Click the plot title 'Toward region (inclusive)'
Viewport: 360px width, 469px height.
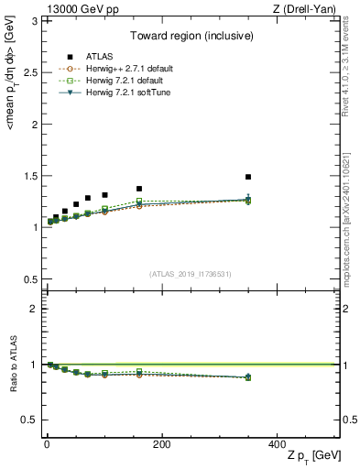point(191,37)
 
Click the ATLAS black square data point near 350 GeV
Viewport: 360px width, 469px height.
point(248,177)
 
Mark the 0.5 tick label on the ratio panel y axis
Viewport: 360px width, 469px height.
point(29,420)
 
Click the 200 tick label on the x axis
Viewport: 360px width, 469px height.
point(162,443)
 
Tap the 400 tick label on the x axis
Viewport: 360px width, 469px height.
point(277,443)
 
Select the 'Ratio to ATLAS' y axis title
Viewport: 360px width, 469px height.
point(12,365)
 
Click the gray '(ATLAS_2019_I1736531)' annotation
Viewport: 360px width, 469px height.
point(191,273)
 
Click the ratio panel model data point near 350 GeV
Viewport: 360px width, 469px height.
point(248,376)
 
